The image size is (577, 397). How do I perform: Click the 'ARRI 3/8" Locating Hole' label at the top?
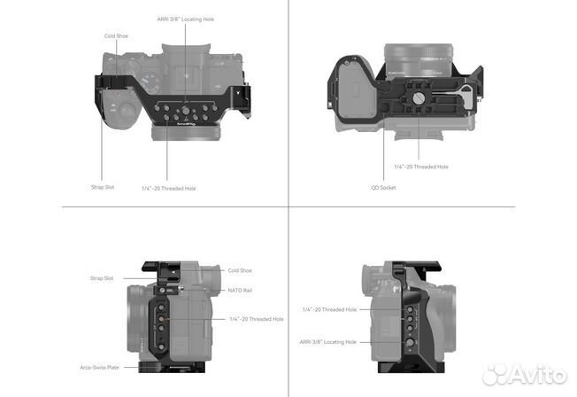(x=186, y=19)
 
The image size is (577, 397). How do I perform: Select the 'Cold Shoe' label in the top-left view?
(x=116, y=36)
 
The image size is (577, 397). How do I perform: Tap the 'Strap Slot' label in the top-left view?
(x=103, y=187)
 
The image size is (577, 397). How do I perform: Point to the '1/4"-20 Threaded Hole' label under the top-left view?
(x=169, y=189)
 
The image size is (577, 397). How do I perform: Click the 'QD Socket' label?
(x=383, y=188)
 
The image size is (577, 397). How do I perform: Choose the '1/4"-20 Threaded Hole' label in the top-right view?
(x=421, y=167)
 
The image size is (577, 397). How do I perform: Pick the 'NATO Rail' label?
(x=240, y=291)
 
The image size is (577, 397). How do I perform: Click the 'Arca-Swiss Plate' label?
(x=100, y=368)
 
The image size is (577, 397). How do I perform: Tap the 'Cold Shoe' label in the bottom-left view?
(x=240, y=270)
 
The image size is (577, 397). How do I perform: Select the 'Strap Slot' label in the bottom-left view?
(x=102, y=278)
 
